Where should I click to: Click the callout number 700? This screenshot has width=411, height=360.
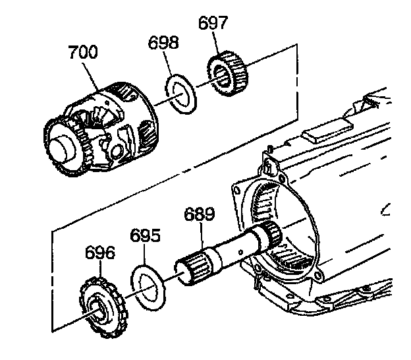coord(82,52)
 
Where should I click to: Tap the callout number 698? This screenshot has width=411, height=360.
coord(163,44)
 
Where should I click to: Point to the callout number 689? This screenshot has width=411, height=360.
coord(199,214)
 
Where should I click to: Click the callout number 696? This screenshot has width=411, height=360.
coord(99,253)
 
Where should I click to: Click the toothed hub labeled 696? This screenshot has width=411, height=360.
coord(99,304)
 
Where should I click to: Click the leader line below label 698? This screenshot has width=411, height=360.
coord(170,66)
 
